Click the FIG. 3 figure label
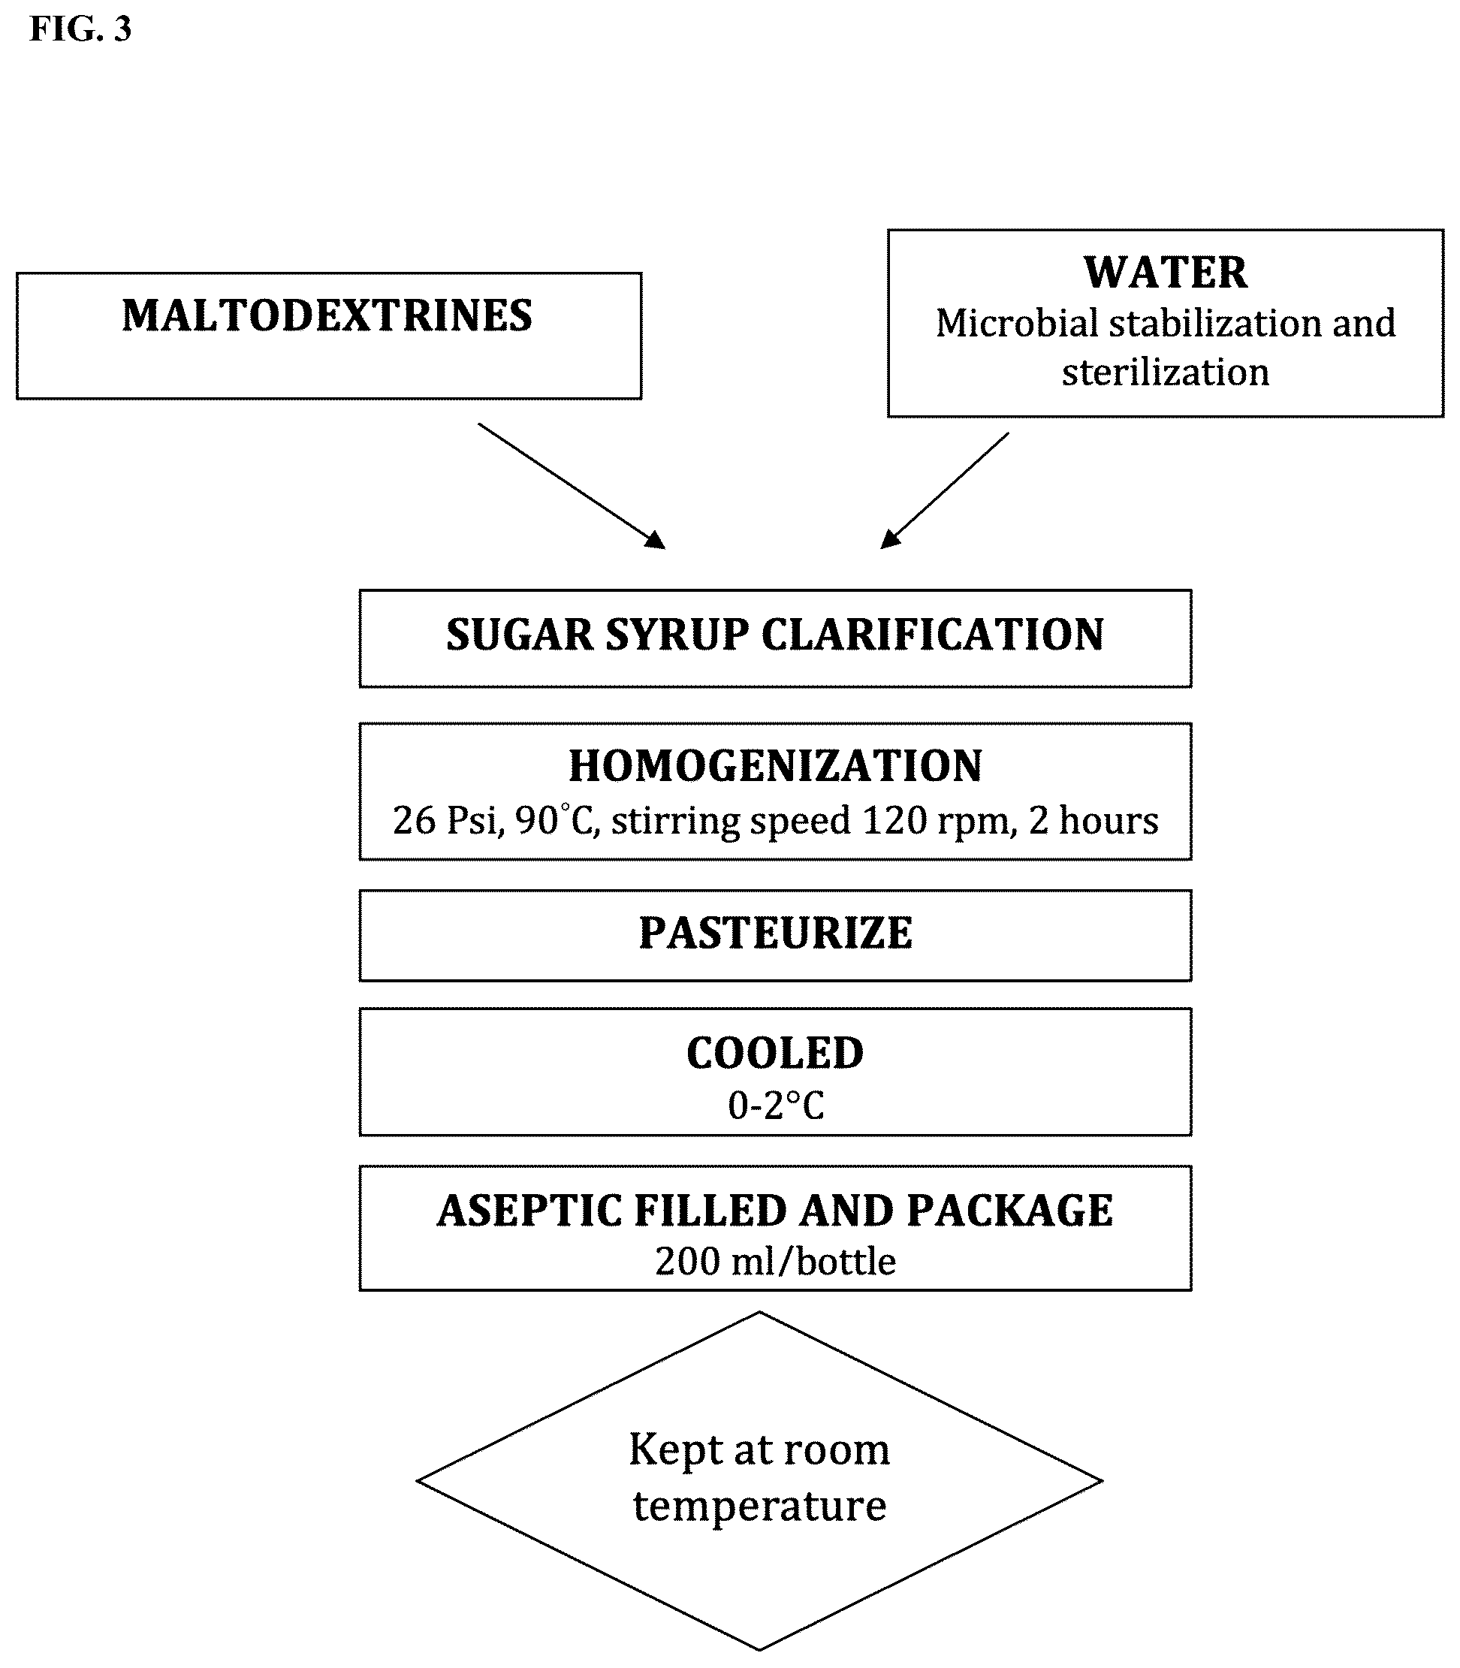tap(80, 29)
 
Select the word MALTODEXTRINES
tap(327, 316)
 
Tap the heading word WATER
tap(1165, 272)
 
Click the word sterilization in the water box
tap(1165, 373)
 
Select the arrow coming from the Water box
tap(945, 490)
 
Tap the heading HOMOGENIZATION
tap(775, 766)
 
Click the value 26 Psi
tap(446, 821)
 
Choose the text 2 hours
tap(1093, 821)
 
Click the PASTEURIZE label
tap(775, 934)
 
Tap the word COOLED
tap(775, 1054)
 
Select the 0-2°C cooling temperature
tap(776, 1105)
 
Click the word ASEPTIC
tap(529, 1211)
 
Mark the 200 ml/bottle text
tap(776, 1262)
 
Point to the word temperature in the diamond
tap(759, 1507)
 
